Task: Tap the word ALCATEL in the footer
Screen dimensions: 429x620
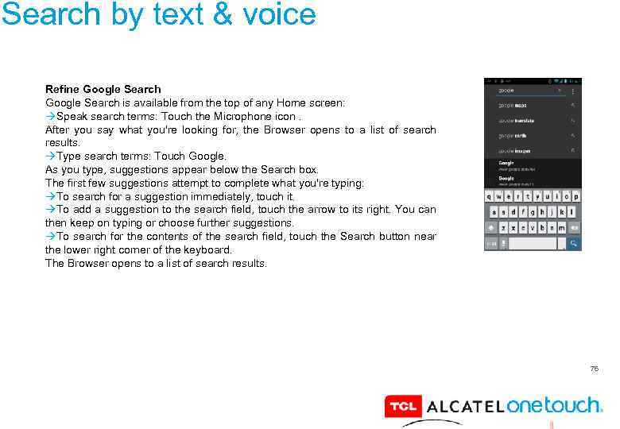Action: click(465, 407)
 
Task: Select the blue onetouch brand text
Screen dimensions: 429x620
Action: click(553, 405)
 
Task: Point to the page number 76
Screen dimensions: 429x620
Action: click(594, 369)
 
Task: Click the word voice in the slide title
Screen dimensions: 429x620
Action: click(280, 14)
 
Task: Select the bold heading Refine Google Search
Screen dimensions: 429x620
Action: click(103, 89)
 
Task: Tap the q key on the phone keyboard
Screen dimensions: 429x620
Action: click(490, 196)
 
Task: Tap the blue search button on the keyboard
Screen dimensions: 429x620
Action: click(574, 243)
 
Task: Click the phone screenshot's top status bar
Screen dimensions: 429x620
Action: click(533, 81)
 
